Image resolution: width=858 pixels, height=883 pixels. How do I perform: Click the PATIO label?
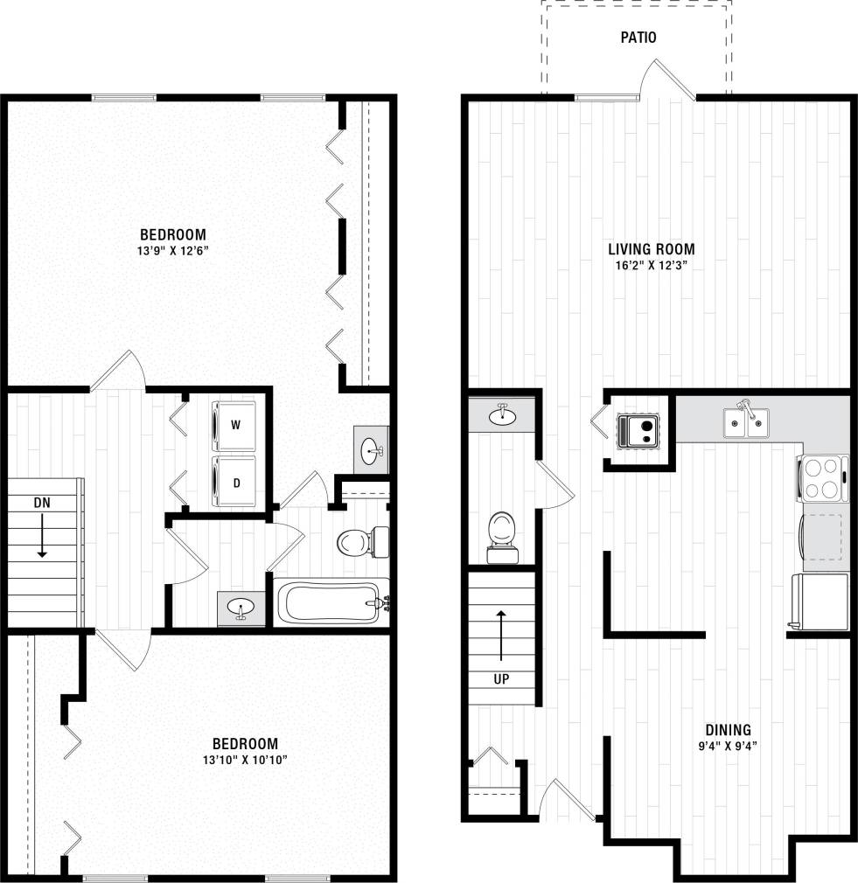pos(638,38)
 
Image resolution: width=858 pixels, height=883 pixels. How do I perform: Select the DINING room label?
pos(728,730)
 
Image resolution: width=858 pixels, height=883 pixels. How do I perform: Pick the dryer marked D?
pos(235,482)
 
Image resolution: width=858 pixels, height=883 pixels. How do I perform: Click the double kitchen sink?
pos(746,422)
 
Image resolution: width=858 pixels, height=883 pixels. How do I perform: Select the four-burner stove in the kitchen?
pos(822,478)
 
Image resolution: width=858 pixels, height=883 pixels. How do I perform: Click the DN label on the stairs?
pos(41,503)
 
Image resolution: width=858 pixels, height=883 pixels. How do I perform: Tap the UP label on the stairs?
pos(500,678)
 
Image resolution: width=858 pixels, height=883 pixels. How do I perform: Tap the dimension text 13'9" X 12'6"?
pos(173,251)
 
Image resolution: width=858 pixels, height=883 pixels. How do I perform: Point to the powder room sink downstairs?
pos(502,415)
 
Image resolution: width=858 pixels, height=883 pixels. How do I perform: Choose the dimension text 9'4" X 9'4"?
pos(728,746)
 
